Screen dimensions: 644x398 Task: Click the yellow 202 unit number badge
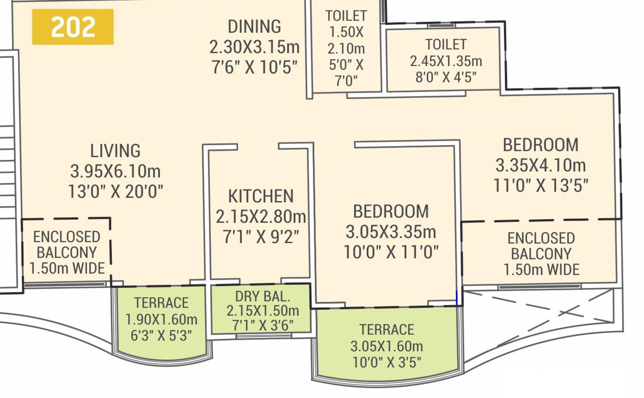[x=73, y=27]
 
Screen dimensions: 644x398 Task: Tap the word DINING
[x=254, y=27]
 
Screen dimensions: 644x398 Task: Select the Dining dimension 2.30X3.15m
[x=254, y=47]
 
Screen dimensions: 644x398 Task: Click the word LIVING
[x=115, y=151]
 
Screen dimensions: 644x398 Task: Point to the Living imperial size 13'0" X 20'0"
[x=115, y=191]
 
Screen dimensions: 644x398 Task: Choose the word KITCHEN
[x=261, y=196]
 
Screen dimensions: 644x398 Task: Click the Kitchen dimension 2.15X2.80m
[x=261, y=217]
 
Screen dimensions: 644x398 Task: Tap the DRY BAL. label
[x=263, y=297]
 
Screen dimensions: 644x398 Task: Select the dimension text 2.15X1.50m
[x=263, y=311]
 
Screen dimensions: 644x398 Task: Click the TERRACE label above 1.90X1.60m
[x=161, y=303]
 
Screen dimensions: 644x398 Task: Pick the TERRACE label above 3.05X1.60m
[x=387, y=330]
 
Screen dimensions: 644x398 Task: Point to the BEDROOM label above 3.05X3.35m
[x=391, y=211]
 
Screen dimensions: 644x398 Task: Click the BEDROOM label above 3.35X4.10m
[x=541, y=145]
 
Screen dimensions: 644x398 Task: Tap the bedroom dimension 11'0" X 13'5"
[x=541, y=185]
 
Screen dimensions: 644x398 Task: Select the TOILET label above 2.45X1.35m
[x=446, y=44]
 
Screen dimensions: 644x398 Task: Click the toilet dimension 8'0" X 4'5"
[x=446, y=77]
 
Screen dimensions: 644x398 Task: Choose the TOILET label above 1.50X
[x=346, y=16]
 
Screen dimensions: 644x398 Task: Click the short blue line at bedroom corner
[x=457, y=298]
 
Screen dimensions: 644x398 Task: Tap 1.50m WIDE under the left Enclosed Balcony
[x=67, y=269]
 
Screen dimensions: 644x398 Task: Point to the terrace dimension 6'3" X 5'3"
[x=161, y=336]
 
